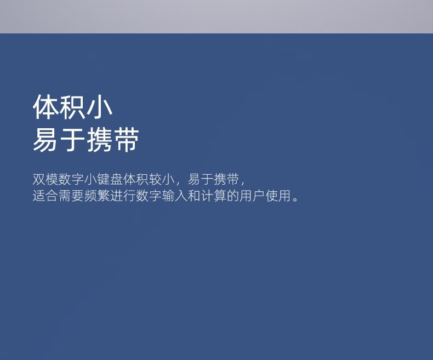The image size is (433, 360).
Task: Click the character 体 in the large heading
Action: tap(46, 107)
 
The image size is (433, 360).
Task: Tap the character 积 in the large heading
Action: tap(73, 107)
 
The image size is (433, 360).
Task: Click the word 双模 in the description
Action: tap(45, 179)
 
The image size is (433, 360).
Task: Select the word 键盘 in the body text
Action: tap(110, 179)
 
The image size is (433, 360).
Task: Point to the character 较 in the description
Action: tap(155, 179)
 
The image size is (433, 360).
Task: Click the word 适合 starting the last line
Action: tap(45, 196)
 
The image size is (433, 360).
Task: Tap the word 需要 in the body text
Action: tap(71, 196)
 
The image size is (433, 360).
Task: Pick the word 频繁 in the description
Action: tap(97, 196)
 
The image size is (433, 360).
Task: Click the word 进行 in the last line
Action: tap(123, 196)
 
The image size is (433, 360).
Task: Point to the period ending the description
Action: tap(295, 199)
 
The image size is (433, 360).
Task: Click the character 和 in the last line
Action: tap(194, 196)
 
